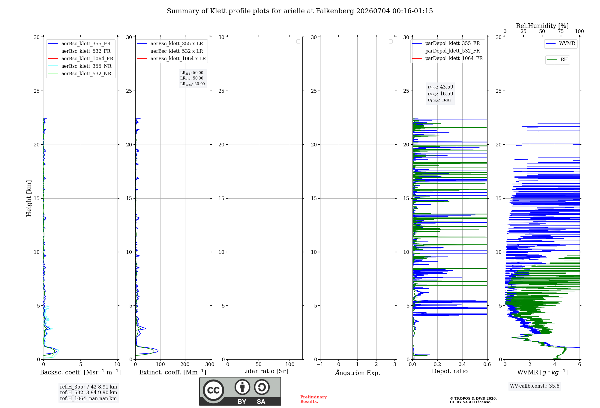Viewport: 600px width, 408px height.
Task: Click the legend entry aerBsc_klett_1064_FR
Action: [81, 58]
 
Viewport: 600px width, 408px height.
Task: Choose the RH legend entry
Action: [557, 60]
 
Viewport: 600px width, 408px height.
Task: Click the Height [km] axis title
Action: [29, 198]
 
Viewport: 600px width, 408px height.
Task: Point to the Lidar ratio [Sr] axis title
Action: [265, 371]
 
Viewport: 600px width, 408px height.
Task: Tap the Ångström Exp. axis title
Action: [358, 373]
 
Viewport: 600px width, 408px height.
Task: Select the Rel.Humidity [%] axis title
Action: [542, 26]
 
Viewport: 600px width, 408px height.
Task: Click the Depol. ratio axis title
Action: [450, 371]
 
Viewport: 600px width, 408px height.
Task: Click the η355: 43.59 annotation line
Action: [440, 87]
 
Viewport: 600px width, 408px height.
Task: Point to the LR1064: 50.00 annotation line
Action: [192, 84]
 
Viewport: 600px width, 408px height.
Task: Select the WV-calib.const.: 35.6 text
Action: [535, 386]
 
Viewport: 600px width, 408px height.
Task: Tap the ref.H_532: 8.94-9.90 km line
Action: [88, 393]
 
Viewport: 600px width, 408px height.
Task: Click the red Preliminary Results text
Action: [313, 399]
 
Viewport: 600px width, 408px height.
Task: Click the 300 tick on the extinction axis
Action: [210, 364]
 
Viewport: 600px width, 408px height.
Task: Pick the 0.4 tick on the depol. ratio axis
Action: [462, 364]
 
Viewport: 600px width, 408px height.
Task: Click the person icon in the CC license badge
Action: [242, 387]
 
